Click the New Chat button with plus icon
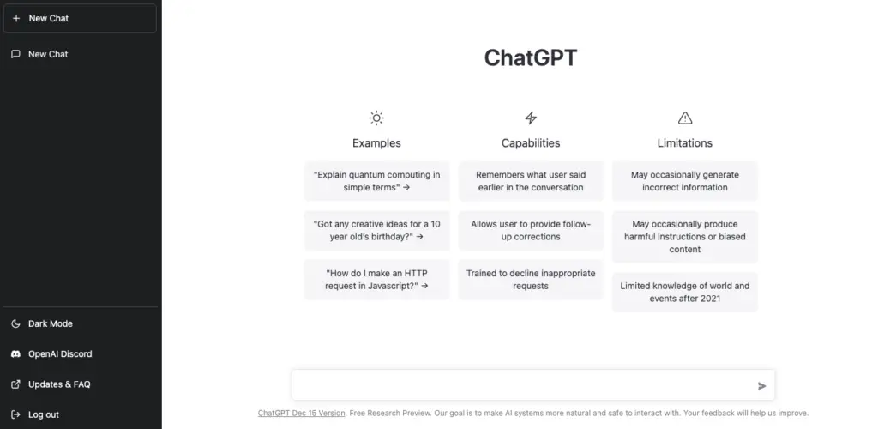tap(80, 19)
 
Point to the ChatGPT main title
tap(530, 57)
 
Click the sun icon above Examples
tap(377, 118)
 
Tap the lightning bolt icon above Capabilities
tap(531, 118)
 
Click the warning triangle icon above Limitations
tap(685, 118)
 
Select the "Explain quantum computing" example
tap(377, 181)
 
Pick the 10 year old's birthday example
tap(377, 230)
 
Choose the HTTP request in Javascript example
tap(377, 280)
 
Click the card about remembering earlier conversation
tap(531, 181)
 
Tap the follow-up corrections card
tap(531, 230)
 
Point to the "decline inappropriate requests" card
tap(531, 280)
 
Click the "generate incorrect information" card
tap(685, 181)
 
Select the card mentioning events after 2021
tap(685, 292)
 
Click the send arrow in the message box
tap(761, 386)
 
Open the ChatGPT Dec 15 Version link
tap(301, 414)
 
